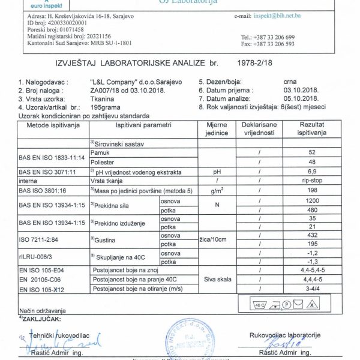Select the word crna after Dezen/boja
coord(290,79)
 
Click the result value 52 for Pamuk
coord(311,152)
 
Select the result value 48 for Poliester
coord(311,161)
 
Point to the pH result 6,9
coord(311,171)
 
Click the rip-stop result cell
coord(311,180)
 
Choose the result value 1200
coord(311,199)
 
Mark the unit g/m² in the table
coord(215,190)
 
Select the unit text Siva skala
coord(215,280)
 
